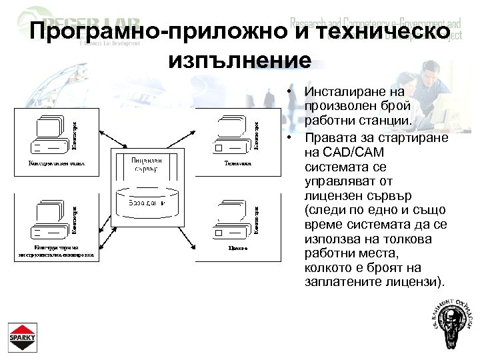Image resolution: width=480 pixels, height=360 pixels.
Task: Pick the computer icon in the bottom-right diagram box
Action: (231, 221)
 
